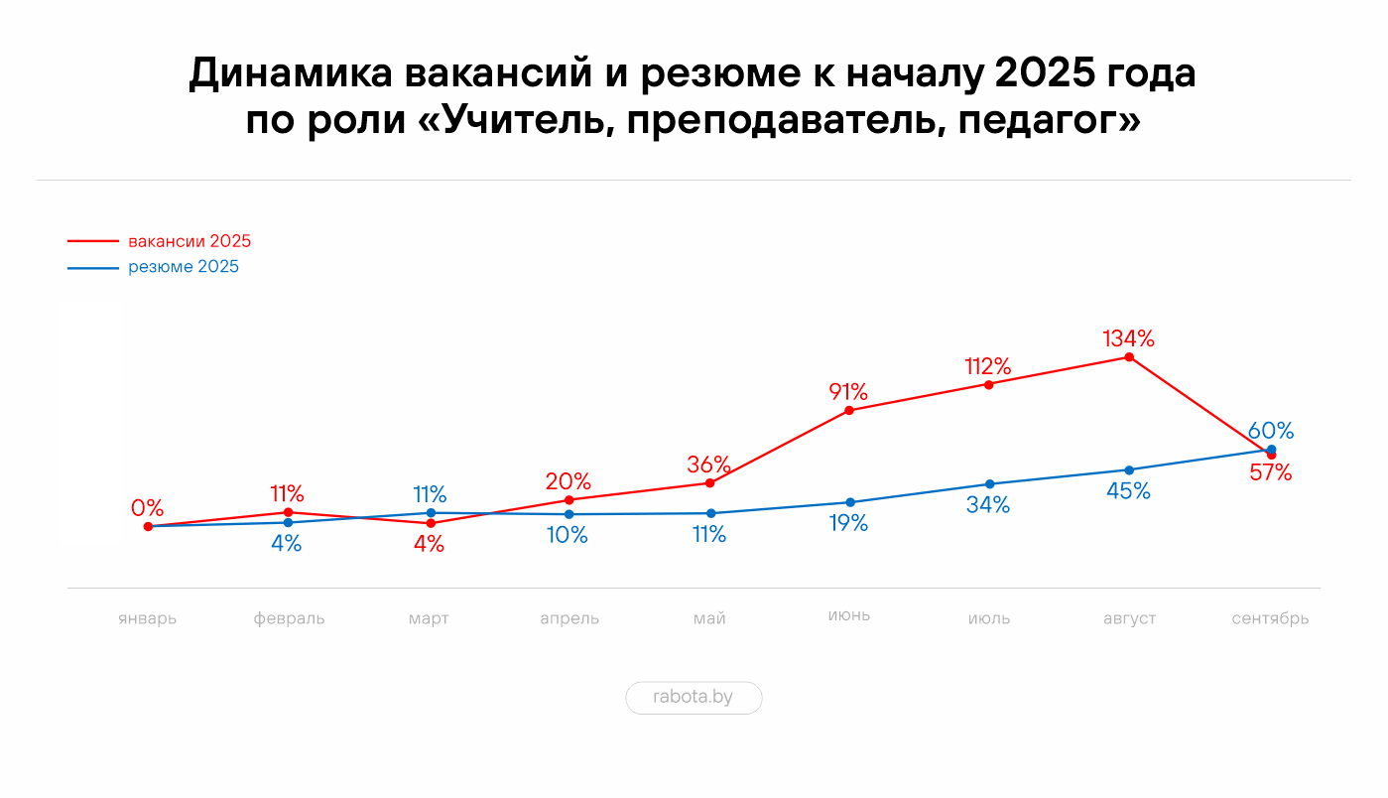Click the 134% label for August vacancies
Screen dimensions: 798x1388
pyautogui.click(x=1129, y=338)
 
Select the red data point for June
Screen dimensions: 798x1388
pyautogui.click(x=849, y=410)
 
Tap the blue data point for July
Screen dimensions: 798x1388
pyautogui.click(x=989, y=484)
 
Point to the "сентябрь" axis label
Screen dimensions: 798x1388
pyautogui.click(x=1270, y=618)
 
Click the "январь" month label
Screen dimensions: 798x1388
pyautogui.click(x=147, y=618)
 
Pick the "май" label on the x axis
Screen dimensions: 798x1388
pyautogui.click(x=709, y=618)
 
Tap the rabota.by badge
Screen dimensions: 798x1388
pyautogui.click(x=694, y=697)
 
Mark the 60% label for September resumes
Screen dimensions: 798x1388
pyautogui.click(x=1271, y=431)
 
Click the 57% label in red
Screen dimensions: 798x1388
pyautogui.click(x=1271, y=473)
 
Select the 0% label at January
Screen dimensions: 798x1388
pyautogui.click(x=147, y=508)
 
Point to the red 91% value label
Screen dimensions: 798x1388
pyautogui.click(x=849, y=392)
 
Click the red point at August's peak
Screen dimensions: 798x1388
pyautogui.click(x=1129, y=357)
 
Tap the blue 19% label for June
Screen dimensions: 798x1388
pyautogui.click(x=849, y=524)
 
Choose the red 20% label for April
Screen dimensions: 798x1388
pyautogui.click(x=568, y=482)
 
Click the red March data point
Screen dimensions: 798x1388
pyautogui.click(x=431, y=523)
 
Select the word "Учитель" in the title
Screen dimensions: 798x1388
pyautogui.click(x=523, y=121)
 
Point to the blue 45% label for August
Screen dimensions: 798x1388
pyautogui.click(x=1129, y=491)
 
